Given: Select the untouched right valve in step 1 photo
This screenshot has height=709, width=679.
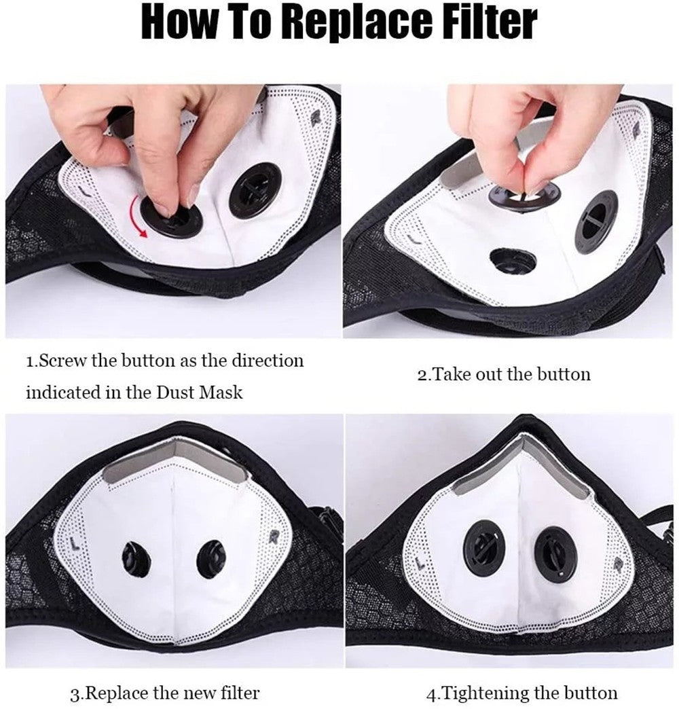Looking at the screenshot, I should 255,189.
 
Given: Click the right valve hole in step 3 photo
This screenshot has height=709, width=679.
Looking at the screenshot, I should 212,559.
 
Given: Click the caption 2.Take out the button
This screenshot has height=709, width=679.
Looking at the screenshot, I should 503,374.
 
